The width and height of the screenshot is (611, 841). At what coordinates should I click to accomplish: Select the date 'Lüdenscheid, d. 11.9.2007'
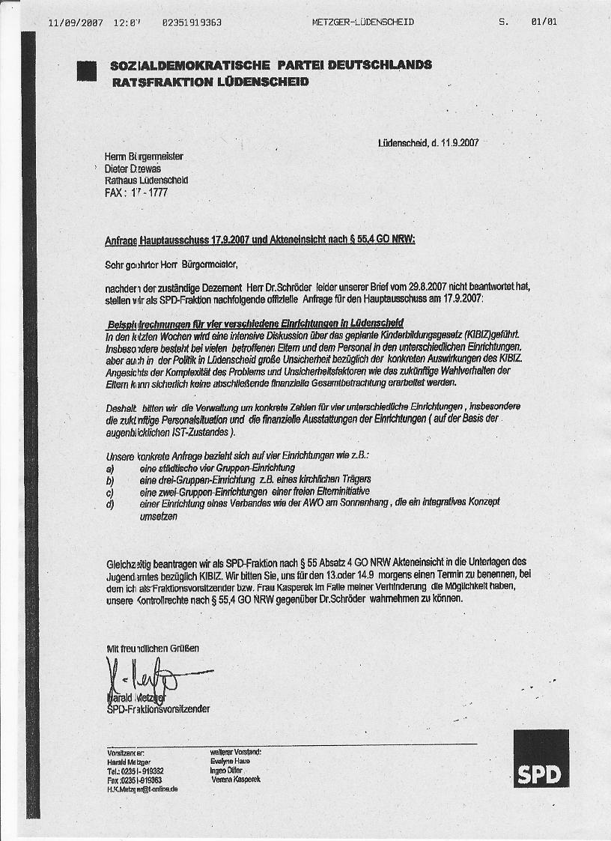[x=428, y=143]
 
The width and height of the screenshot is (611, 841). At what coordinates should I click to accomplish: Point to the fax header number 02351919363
[x=192, y=22]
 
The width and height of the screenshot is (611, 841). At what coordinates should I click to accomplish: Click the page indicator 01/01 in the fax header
[x=544, y=22]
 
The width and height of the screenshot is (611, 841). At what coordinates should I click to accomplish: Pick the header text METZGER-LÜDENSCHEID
[x=362, y=22]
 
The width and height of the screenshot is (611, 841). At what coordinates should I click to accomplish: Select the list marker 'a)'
[x=110, y=467]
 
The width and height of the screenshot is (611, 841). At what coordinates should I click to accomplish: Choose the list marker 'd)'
[x=110, y=504]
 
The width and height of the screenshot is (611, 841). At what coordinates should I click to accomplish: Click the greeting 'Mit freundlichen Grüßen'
[x=153, y=648]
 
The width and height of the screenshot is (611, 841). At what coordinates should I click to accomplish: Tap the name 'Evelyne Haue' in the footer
[x=231, y=761]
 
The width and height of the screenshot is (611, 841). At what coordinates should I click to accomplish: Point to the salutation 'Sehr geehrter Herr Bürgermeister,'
[x=171, y=264]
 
